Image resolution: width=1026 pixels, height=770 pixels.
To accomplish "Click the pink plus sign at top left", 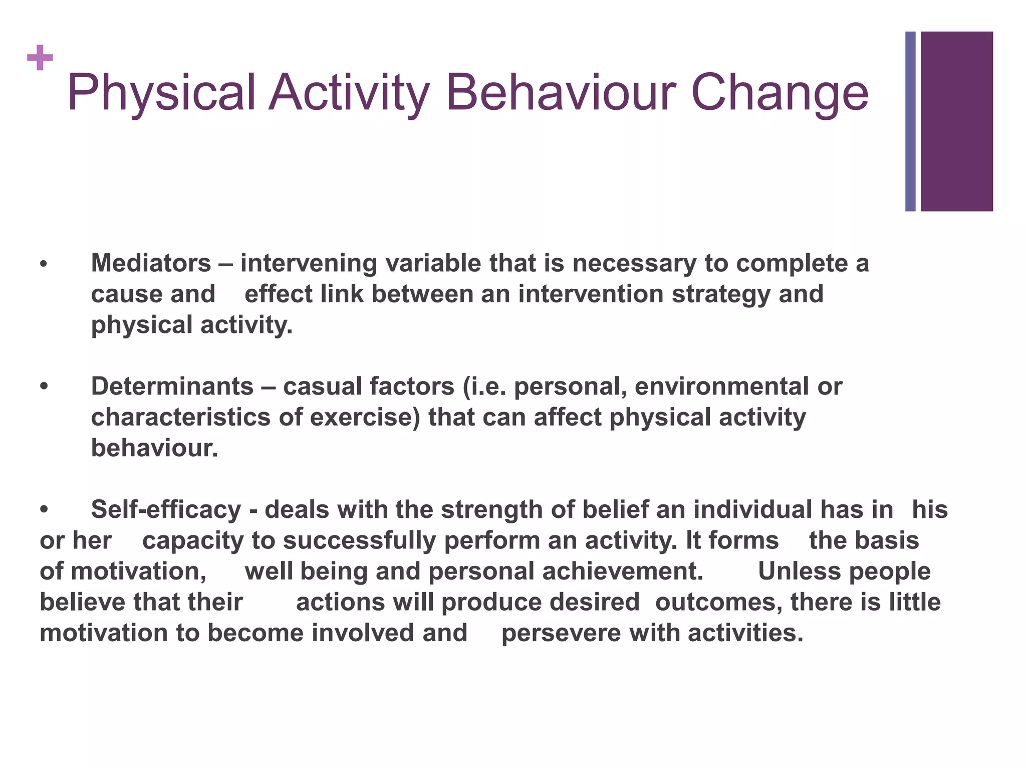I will point(40,58).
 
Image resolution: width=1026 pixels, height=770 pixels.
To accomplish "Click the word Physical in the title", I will point(161,94).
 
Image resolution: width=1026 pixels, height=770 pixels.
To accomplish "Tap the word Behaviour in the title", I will point(561,93).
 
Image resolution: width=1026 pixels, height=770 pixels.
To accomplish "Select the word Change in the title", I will point(780,94).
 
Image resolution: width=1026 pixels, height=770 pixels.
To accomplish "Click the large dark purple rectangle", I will point(956,121).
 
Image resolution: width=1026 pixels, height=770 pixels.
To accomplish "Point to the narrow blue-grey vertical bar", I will point(910,121).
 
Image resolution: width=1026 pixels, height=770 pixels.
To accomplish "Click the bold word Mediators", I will point(151,263).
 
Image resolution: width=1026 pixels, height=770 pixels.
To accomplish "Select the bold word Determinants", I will point(172,387).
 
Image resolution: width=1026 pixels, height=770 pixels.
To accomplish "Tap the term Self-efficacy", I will point(166,510).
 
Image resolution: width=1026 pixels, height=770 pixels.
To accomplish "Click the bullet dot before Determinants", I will point(44,387).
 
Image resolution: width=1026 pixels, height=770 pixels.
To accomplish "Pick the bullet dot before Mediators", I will point(44,264).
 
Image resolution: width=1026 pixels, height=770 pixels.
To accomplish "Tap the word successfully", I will point(359,541).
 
